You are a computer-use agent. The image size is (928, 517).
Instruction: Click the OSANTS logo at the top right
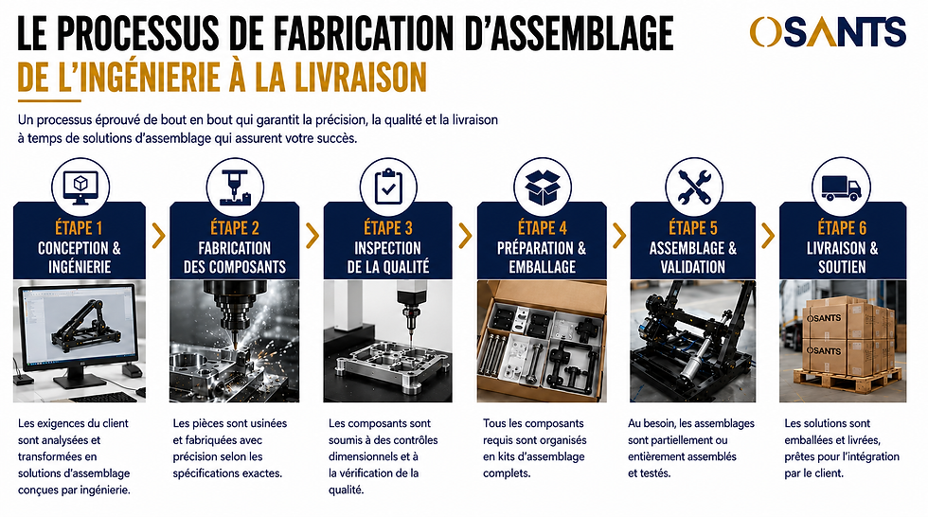point(828,31)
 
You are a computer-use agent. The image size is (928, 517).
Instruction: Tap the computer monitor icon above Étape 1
point(80,187)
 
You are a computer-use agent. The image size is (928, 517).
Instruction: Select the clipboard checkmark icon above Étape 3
point(388,187)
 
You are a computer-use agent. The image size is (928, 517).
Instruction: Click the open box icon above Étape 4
point(543,187)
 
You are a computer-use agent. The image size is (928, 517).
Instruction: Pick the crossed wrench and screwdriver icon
point(694,187)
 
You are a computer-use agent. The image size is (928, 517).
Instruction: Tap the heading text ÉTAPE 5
point(693,228)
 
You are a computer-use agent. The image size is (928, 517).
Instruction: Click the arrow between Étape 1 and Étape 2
point(158,236)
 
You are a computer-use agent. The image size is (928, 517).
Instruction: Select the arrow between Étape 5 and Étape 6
point(768,236)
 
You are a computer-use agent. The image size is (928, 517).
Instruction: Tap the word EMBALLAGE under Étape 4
point(542,267)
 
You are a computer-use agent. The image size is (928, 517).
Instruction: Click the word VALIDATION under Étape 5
point(693,267)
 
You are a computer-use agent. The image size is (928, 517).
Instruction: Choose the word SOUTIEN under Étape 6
point(842,267)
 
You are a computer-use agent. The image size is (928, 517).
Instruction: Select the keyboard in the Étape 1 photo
point(112,397)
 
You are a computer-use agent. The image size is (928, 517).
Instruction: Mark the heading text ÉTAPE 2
point(235,228)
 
